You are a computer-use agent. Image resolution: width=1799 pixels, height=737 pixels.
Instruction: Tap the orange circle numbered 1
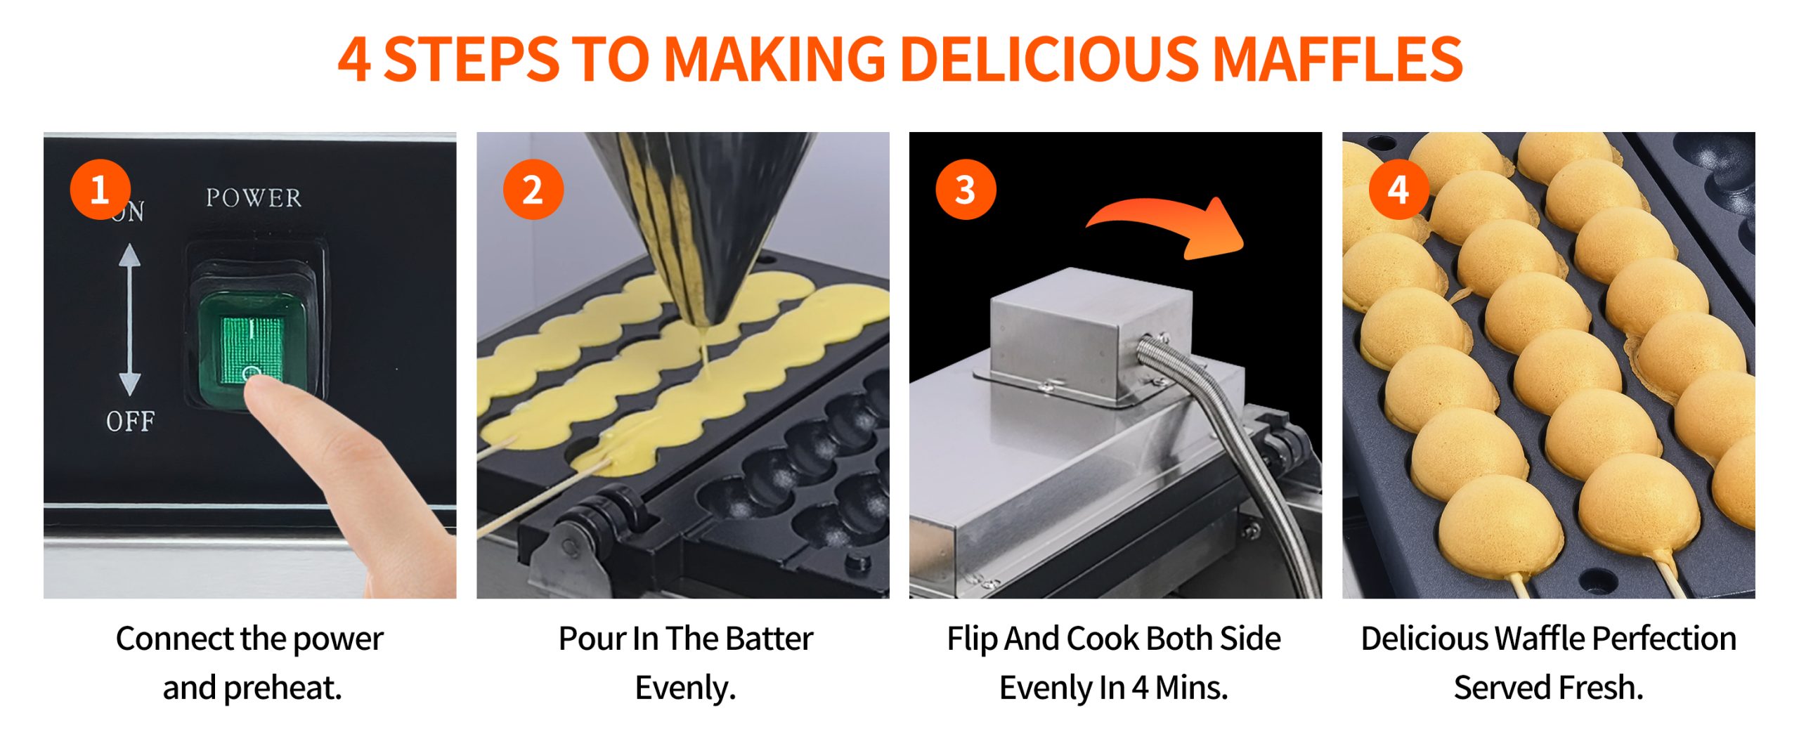[100, 190]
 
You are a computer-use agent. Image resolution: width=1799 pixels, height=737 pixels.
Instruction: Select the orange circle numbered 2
[533, 190]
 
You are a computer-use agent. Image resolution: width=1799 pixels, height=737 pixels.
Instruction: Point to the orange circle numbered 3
[966, 190]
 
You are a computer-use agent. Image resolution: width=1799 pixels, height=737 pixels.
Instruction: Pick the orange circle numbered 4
[1398, 190]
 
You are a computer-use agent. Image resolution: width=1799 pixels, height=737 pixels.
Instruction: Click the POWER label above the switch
[254, 198]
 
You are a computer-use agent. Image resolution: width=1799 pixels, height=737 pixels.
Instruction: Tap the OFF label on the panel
[131, 422]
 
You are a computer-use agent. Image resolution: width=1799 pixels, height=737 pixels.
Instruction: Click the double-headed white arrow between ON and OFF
[129, 320]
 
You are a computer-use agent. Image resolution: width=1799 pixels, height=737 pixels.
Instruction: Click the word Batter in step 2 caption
[769, 639]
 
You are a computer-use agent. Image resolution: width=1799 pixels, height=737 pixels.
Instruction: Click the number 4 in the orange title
[354, 59]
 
